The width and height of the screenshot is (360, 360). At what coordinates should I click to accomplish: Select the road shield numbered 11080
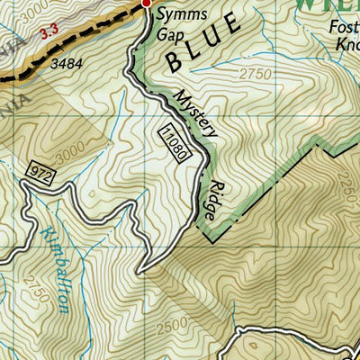[x=175, y=142]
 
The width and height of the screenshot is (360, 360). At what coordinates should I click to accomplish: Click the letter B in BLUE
[x=173, y=61]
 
